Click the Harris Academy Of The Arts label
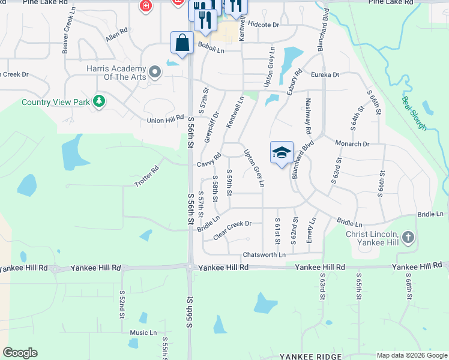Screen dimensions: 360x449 [x=116, y=73]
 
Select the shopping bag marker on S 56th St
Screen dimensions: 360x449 [x=182, y=43]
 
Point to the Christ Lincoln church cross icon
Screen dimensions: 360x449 [x=408, y=237]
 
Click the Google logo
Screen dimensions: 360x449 [x=20, y=353]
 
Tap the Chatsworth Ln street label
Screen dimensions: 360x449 [x=264, y=254]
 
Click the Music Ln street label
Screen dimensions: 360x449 [x=143, y=332]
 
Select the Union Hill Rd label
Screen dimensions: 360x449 [x=165, y=120]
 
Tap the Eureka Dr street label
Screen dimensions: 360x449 [x=325, y=74]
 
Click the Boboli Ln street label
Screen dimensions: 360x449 [x=211, y=51]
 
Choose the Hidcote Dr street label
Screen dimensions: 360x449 [x=264, y=25]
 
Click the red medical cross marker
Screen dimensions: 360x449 [x=145, y=7]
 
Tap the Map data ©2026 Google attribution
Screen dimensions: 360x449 [x=411, y=355]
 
